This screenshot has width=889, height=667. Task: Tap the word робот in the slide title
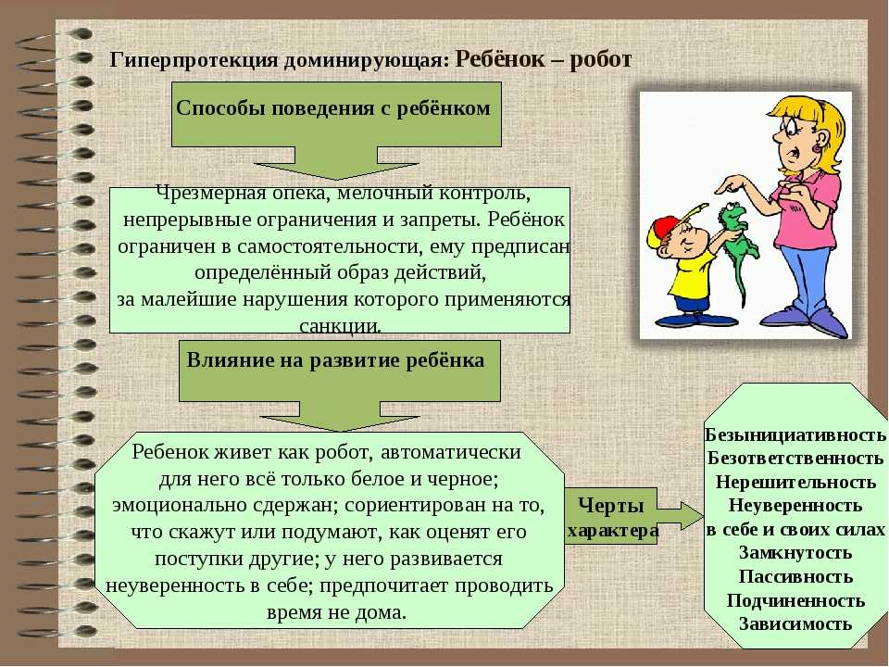[600, 59]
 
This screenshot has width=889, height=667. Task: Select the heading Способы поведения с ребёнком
[333, 107]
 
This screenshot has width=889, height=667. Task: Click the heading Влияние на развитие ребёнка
[335, 360]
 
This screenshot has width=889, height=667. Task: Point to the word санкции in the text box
[340, 326]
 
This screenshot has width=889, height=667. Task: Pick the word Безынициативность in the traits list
[795, 434]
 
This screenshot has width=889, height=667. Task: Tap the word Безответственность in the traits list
[795, 458]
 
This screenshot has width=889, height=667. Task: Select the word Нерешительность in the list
[795, 482]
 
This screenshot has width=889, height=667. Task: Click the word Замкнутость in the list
[795, 552]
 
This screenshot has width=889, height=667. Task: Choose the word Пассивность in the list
[795, 576]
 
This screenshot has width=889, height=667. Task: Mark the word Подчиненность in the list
[795, 600]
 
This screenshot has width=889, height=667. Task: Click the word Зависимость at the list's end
[795, 623]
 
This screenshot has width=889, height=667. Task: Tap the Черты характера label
[612, 517]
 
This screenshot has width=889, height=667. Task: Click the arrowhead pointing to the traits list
[693, 516]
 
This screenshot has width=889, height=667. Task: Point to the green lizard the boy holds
[738, 245]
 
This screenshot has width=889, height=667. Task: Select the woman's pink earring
[817, 147]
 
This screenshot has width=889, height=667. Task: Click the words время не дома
[336, 612]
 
